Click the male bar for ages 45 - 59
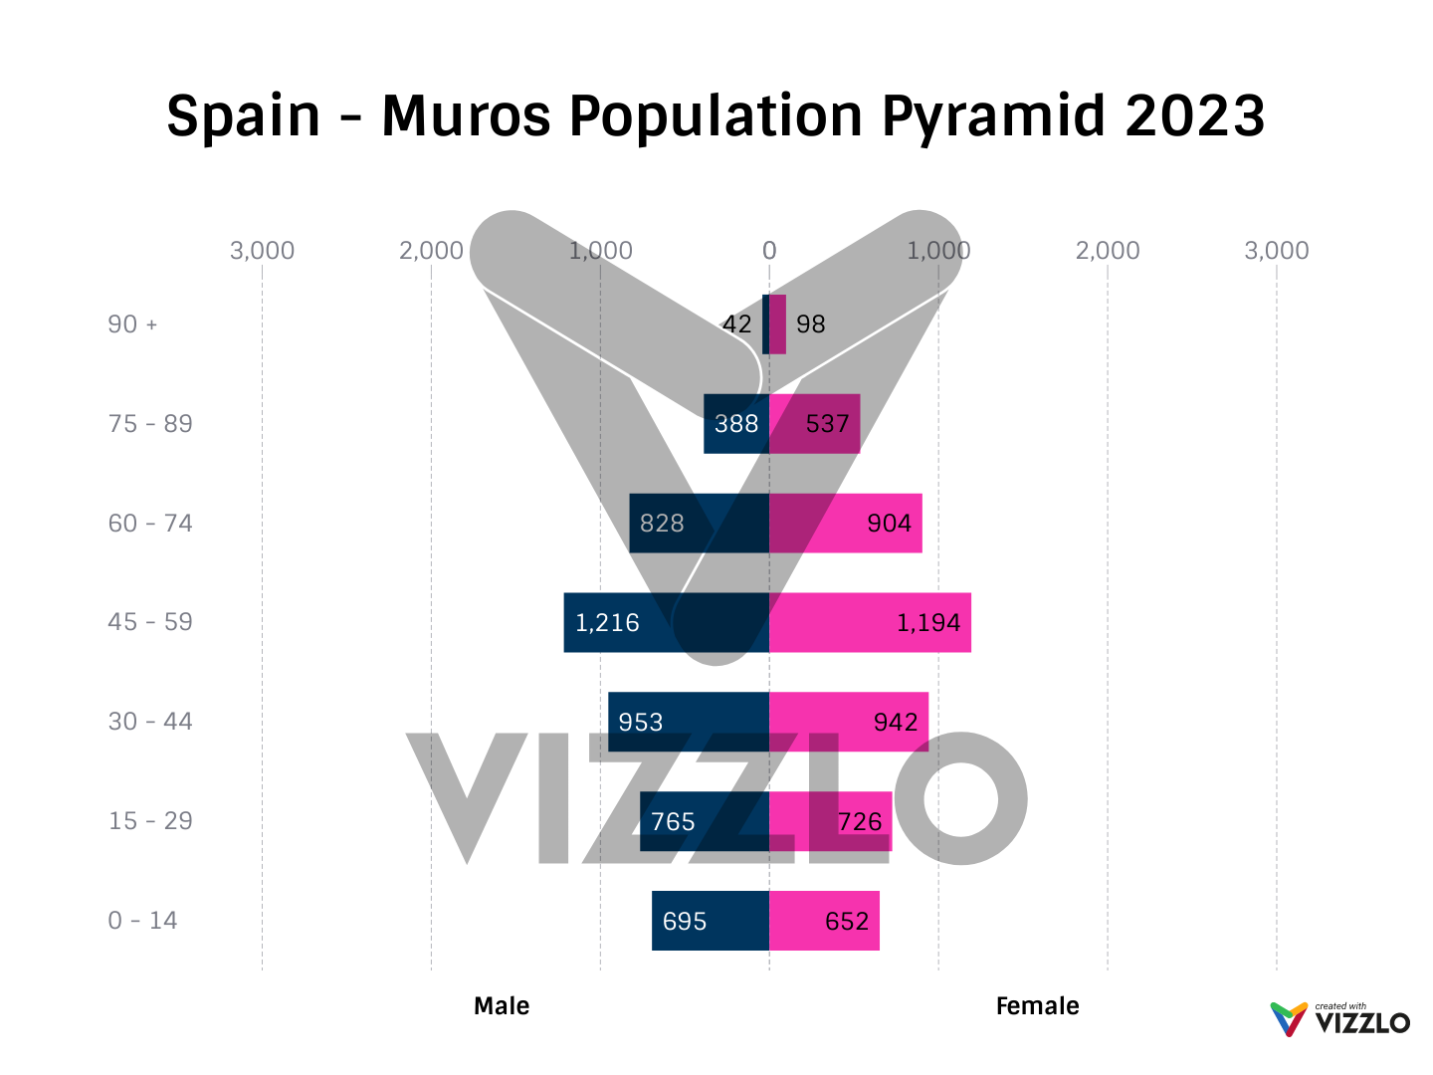coord(666,623)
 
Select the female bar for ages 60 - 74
coord(845,524)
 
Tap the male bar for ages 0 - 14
coord(711,921)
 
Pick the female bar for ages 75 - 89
coord(814,424)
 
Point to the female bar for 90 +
coord(777,324)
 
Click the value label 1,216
coord(607,623)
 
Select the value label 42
coord(736,324)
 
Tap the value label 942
coord(896,722)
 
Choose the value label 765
coord(673,821)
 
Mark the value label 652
coord(847,921)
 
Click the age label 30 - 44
coord(150,722)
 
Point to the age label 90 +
coord(132,324)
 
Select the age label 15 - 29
coord(150,821)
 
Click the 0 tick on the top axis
coord(769,251)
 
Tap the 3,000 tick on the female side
coord(1276,251)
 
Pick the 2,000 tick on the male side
coord(431,251)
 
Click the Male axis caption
coord(502,1006)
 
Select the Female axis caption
coord(1037,1006)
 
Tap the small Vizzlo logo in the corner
coord(1339,1019)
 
